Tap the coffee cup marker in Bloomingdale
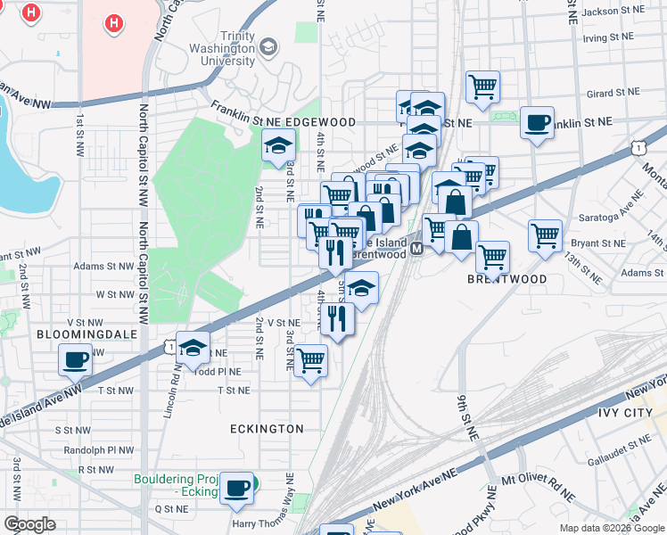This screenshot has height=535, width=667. pyautogui.click(x=76, y=360)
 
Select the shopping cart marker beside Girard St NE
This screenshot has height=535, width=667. pyautogui.click(x=482, y=87)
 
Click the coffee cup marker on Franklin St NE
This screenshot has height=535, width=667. pyautogui.click(x=537, y=123)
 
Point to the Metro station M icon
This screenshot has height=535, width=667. pyautogui.click(x=415, y=253)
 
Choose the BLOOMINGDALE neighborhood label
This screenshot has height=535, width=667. pyautogui.click(x=74, y=334)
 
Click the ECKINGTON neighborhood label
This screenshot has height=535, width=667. pyautogui.click(x=267, y=429)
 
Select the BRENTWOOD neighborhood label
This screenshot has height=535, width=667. pyautogui.click(x=506, y=279)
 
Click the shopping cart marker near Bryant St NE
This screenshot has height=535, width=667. pyautogui.click(x=545, y=236)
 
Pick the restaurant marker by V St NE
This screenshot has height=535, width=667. pyautogui.click(x=336, y=318)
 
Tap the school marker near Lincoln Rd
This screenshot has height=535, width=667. pyautogui.click(x=193, y=348)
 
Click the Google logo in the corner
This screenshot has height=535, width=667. pyautogui.click(x=29, y=524)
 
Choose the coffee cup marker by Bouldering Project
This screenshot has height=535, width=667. pyautogui.click(x=236, y=487)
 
